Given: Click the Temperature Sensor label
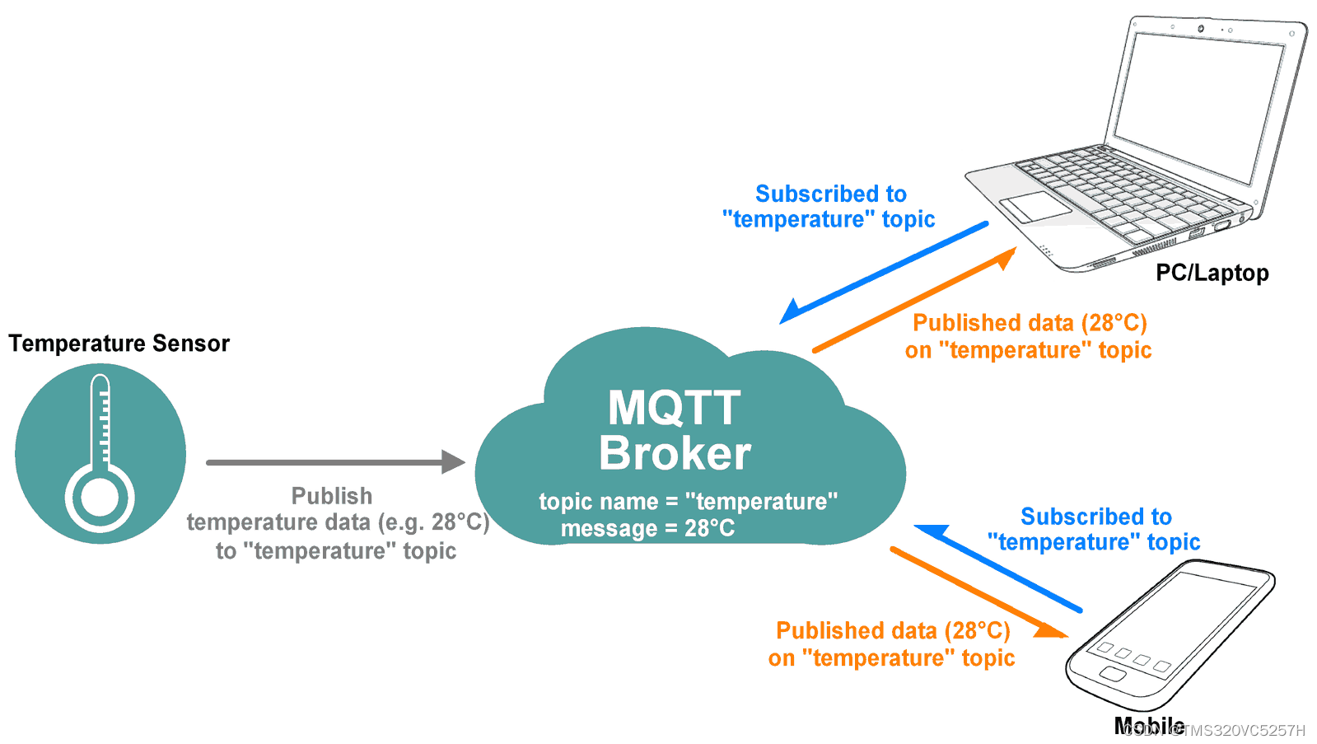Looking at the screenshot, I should (119, 343).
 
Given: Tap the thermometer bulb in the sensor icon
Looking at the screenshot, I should (100, 497).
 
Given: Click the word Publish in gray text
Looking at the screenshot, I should (332, 496).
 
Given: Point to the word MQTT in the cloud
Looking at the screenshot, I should (674, 408).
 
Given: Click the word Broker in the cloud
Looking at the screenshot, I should (675, 453).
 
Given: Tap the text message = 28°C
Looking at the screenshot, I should (647, 528).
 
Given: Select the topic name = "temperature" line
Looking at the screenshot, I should (688, 501).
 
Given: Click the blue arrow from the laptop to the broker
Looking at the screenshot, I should (881, 272).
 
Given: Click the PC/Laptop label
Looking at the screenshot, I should (1212, 273).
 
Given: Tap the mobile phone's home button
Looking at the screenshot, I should (1112, 675).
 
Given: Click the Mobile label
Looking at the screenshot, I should (1148, 726).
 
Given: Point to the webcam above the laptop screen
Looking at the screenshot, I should (1200, 29).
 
